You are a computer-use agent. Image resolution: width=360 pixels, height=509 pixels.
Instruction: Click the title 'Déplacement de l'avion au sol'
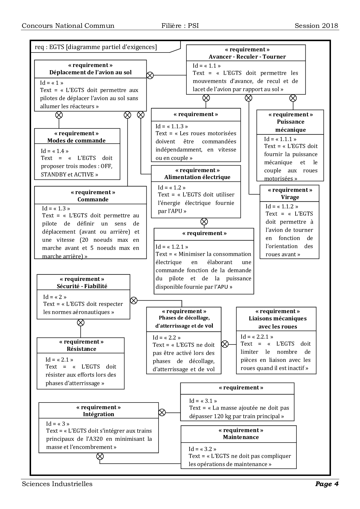pos(90,73)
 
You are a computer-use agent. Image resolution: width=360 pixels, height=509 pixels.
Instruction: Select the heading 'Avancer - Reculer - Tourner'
pos(247,57)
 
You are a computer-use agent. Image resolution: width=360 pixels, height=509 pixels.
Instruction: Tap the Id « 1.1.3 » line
pos(172,126)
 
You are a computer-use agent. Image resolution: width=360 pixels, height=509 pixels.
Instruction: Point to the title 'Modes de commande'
pos(76,141)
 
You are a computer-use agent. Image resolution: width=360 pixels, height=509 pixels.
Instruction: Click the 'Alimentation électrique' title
pos(197,177)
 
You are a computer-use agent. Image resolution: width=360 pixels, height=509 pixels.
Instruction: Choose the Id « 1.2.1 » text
pos(172,247)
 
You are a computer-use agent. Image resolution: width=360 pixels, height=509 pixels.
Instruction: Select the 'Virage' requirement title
pos(290,197)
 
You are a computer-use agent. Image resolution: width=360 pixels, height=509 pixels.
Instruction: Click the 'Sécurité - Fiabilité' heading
pos(82,286)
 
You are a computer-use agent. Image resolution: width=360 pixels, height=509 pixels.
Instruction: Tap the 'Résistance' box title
pos(81,349)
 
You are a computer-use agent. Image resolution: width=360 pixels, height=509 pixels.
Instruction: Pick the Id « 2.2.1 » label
pos(257,337)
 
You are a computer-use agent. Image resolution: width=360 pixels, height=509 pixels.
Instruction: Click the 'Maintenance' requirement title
pos(241,437)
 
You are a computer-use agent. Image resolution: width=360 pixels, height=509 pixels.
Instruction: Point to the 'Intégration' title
pos(98,414)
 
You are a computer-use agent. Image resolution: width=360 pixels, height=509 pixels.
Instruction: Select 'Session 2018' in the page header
pos(316,26)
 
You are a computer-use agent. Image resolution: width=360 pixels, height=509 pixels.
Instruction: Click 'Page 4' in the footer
pos(327,484)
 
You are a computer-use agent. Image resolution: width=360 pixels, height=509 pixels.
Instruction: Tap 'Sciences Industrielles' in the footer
pos(57,484)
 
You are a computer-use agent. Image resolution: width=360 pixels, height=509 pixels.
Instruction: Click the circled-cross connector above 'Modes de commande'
pos(59,115)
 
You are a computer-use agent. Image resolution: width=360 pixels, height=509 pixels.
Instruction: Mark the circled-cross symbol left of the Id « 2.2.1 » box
pos(225,344)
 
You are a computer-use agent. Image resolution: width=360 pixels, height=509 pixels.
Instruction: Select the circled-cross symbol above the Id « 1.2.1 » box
pos(204,222)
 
